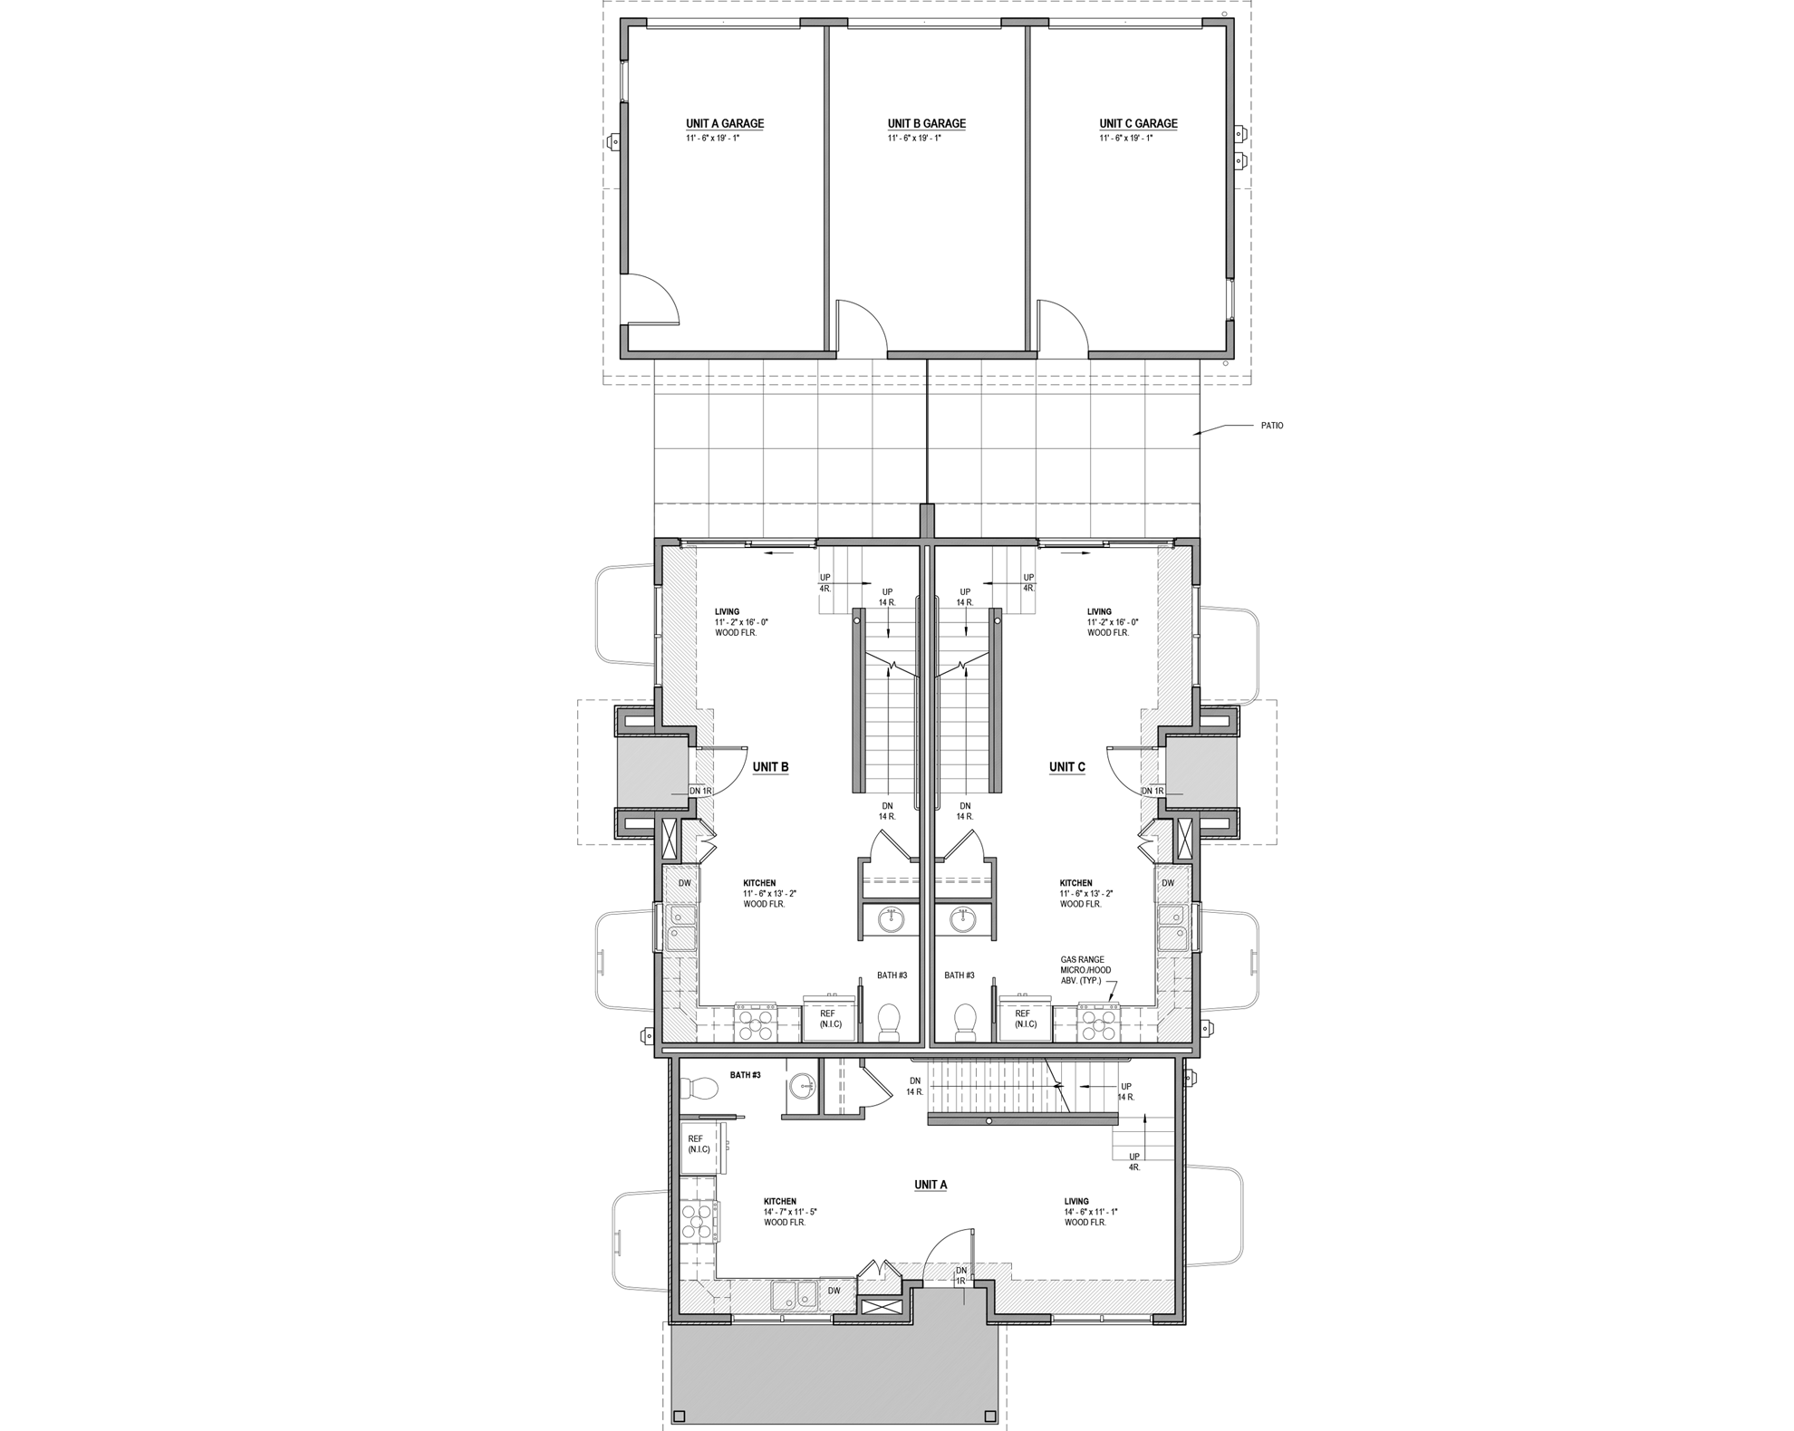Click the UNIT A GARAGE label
click(x=724, y=124)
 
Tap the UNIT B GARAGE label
click(x=926, y=124)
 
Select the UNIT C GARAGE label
click(x=1138, y=124)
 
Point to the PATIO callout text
click(x=1271, y=426)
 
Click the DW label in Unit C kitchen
click(x=1168, y=883)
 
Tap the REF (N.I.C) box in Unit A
click(x=700, y=1145)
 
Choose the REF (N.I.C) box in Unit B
click(x=828, y=1019)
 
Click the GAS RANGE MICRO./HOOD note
click(x=1085, y=970)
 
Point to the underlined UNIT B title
click(x=770, y=767)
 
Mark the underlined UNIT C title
click(x=1066, y=767)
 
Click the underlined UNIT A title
click(x=931, y=1185)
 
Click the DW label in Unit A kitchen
click(x=834, y=1291)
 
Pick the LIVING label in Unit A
click(x=1076, y=1202)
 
